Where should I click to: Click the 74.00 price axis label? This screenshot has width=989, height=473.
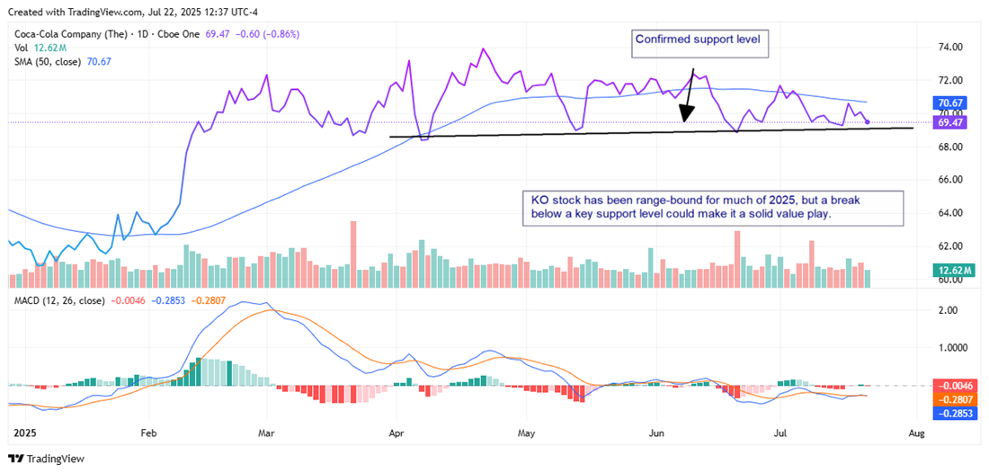951,47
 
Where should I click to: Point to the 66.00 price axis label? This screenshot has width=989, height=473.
951,180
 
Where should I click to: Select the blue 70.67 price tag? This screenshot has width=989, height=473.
951,103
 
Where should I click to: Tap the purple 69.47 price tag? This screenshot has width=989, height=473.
951,120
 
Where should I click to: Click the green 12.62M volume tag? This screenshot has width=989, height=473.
951,269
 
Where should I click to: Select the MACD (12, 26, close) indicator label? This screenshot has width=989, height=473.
57,300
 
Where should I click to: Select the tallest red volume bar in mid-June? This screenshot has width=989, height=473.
737,259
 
